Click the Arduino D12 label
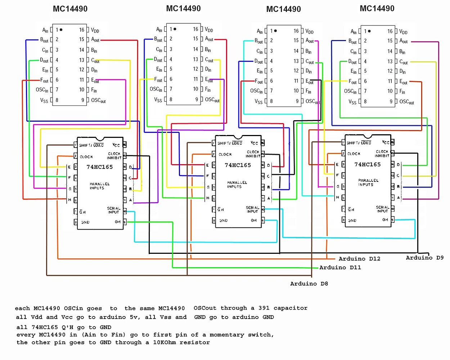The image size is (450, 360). tap(359, 258)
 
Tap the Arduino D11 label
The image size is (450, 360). tap(340, 267)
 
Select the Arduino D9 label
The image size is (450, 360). tap(424, 257)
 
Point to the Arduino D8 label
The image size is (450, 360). tap(309, 283)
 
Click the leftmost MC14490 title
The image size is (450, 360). tap(70, 9)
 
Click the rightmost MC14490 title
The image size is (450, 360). tap(377, 9)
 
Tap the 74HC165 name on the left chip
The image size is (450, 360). tap(100, 167)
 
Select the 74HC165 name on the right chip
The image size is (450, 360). tap(368, 165)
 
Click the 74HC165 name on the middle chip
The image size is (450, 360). tap(238, 165)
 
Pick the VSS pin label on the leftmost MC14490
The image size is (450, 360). tap(44, 100)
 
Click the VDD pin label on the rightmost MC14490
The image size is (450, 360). tap(404, 32)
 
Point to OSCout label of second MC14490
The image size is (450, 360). tap(212, 100)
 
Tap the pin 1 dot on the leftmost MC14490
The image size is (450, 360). tap(61, 30)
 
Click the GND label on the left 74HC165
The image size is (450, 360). tap(85, 222)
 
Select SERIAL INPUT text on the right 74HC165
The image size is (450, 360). tap(382, 209)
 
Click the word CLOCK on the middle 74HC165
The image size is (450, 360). tap(225, 154)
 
